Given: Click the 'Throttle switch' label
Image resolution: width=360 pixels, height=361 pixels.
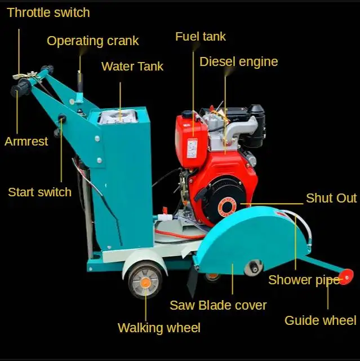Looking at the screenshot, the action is click(48, 12).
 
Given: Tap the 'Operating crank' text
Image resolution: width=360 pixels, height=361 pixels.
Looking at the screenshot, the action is click(92, 41).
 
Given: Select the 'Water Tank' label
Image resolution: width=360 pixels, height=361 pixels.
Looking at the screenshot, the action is click(132, 67).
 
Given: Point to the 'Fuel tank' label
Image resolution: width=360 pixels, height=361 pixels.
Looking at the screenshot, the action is click(201, 37).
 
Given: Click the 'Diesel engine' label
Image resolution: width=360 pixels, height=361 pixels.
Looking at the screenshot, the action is click(239, 62).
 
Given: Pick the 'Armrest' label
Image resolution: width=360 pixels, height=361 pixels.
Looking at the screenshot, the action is click(26, 142).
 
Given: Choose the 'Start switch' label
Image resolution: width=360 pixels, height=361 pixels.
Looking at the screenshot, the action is click(40, 192).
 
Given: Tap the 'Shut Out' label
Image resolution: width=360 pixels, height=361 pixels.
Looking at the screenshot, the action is click(331, 198).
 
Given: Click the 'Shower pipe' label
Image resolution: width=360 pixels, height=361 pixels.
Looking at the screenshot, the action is click(304, 280).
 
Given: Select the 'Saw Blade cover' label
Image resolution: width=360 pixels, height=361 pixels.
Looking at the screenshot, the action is click(218, 305).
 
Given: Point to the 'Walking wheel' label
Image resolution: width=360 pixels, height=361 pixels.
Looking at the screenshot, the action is click(159, 328).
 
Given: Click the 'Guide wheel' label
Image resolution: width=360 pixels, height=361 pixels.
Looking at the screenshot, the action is click(320, 320).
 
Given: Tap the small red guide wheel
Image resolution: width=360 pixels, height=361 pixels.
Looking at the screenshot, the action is click(346, 276).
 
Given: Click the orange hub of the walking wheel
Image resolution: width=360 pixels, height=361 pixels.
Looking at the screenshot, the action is click(145, 282).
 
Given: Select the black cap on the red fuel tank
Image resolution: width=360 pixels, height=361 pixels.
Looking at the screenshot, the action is click(187, 114).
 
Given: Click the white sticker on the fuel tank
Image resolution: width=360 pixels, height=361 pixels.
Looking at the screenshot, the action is click(192, 148).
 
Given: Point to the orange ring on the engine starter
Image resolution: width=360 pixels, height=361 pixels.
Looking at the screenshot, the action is click(227, 207).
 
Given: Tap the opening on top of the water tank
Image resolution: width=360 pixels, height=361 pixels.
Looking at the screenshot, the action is click(118, 117).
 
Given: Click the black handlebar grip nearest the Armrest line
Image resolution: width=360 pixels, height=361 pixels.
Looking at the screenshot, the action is click(20, 89).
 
